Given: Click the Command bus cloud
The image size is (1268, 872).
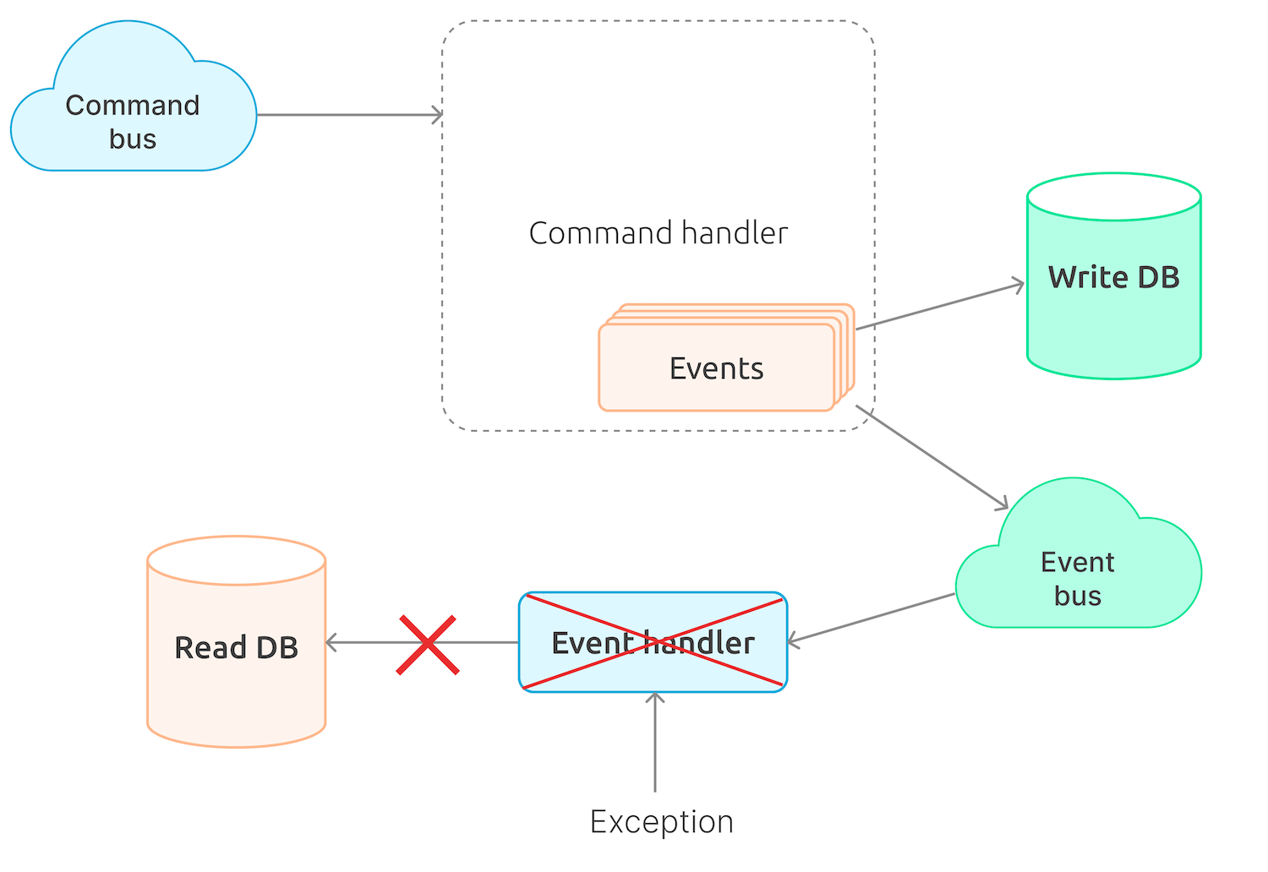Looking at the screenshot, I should [x=133, y=118].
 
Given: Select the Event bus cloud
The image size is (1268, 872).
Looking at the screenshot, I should [x=1078, y=575].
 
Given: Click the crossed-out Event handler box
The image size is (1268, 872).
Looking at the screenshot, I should [x=653, y=643].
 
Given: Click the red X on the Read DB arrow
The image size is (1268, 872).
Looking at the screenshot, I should [x=428, y=645].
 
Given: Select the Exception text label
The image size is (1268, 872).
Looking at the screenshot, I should [x=661, y=821].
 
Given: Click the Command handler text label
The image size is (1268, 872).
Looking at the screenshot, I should [x=658, y=233].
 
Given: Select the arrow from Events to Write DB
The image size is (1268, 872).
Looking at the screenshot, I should [x=938, y=307].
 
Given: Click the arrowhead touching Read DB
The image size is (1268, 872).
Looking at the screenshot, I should [x=332, y=643].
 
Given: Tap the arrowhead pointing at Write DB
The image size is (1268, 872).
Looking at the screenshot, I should [x=1019, y=286].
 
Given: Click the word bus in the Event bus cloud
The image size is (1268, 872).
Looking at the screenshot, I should [x=1078, y=596].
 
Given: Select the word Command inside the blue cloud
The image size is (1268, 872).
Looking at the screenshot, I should [x=133, y=105].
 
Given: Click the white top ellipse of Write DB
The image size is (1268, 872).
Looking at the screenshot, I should [x=1113, y=197].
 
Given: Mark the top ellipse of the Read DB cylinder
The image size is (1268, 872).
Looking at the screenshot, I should [x=237, y=559].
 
